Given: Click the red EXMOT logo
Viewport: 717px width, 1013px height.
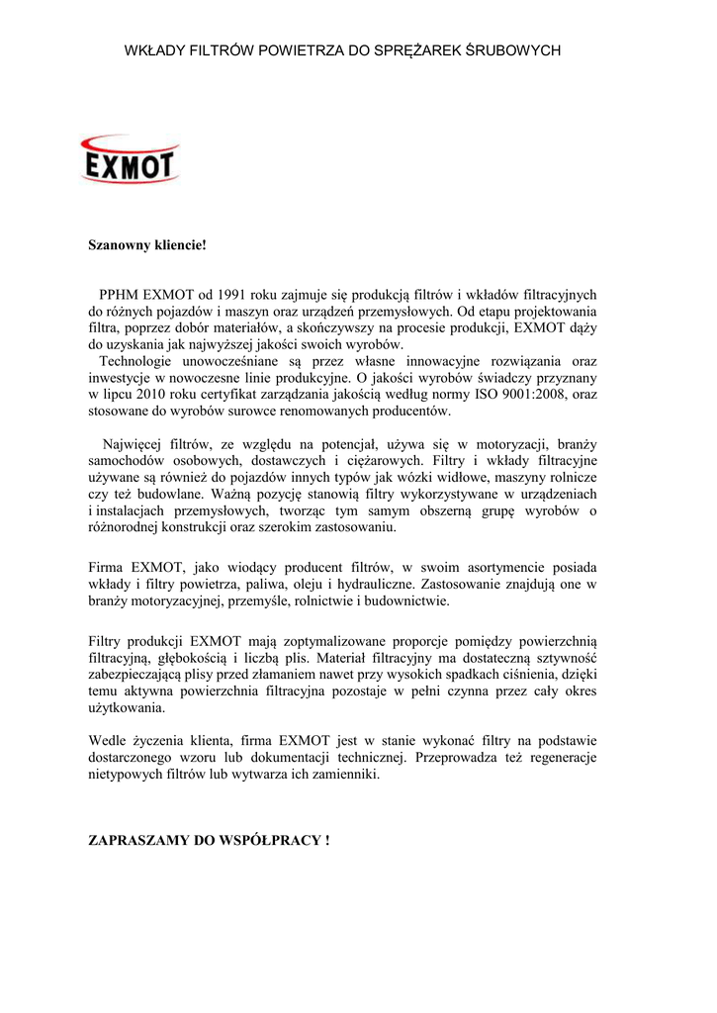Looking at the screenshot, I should [129, 160].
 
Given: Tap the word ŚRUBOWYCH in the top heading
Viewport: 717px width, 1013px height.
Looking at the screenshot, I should [514, 48].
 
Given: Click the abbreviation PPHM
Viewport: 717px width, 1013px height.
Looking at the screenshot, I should [120, 294].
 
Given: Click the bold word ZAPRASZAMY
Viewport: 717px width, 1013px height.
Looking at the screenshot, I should [138, 841].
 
